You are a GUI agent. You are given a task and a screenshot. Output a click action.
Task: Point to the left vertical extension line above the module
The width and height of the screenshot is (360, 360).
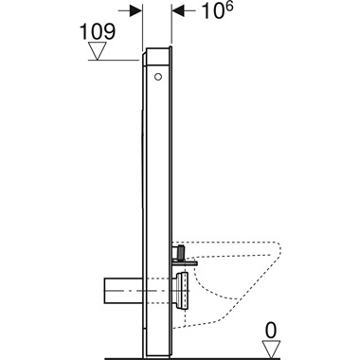tap(144, 24)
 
